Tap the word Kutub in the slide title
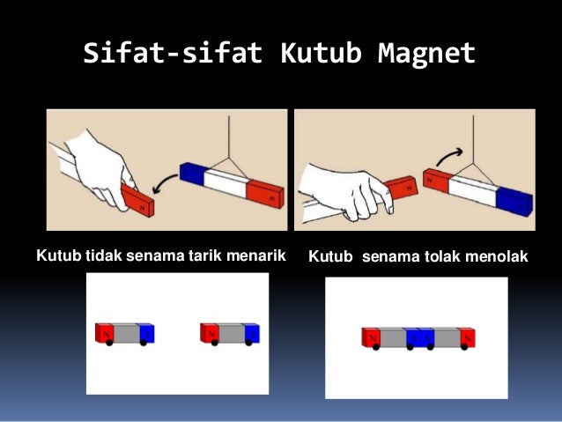point(321,54)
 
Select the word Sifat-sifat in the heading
point(173,54)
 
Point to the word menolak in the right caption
point(496,257)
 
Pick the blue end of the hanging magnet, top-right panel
point(514,201)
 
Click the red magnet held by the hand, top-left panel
point(140,200)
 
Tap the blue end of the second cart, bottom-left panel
point(252,333)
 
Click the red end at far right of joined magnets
point(466,337)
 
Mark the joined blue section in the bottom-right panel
point(418,337)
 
